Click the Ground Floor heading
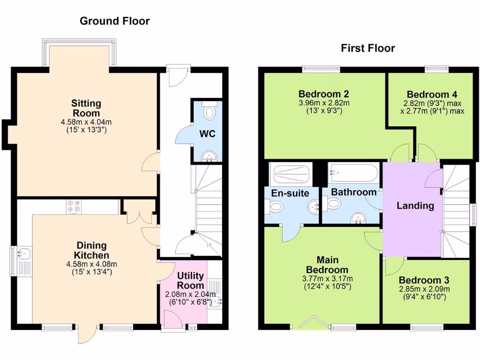tap(114, 21)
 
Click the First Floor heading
tap(367, 48)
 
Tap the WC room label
tap(207, 134)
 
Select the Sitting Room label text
tap(86, 108)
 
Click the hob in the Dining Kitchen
tap(74, 207)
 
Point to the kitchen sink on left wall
tap(22, 254)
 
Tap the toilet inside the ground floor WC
tap(210, 112)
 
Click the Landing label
tap(415, 205)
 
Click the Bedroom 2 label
tap(323, 93)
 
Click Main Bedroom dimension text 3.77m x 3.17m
tap(327, 278)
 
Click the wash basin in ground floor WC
tap(207, 156)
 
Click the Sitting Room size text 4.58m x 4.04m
tap(86, 122)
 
